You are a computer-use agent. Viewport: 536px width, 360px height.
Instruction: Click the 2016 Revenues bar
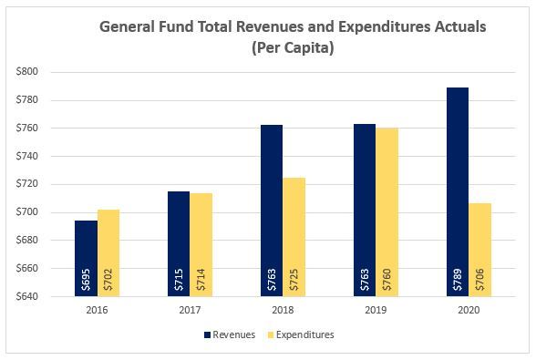coord(87,259)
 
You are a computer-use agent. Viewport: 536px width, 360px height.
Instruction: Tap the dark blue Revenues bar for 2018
coord(272,211)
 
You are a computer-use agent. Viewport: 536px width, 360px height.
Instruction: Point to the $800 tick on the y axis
coord(42,72)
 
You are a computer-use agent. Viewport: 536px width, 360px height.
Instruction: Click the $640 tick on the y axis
coord(42,297)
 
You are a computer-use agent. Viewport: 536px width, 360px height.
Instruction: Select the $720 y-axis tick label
coord(42,184)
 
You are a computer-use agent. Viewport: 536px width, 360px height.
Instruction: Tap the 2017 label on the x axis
coord(190,311)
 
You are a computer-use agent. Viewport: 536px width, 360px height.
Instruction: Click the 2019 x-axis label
coord(375,311)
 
